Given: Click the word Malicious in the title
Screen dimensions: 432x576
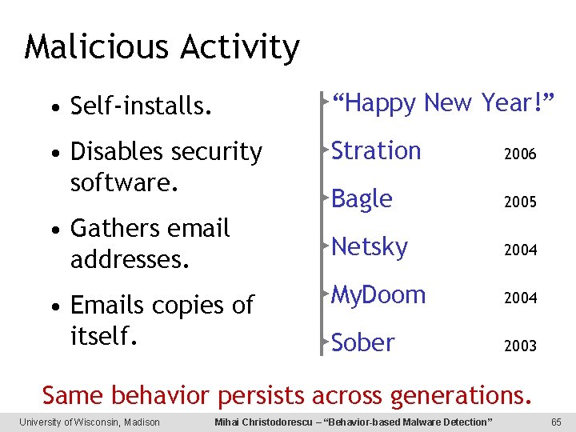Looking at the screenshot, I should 96,48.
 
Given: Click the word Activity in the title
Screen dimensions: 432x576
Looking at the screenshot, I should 239,48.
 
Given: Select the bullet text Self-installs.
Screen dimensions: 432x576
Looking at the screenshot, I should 141,105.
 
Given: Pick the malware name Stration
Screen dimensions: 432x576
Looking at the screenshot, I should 376,151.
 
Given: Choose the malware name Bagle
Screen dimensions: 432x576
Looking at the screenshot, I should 362,199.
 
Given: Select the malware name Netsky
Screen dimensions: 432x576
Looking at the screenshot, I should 370,247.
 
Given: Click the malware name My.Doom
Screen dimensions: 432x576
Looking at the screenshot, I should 378,295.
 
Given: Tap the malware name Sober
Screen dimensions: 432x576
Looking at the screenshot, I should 363,343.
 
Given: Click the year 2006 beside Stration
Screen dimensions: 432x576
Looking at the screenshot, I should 520,154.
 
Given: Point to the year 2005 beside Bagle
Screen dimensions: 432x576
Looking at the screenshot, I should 520,202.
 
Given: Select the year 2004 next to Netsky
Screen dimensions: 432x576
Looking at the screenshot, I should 520,250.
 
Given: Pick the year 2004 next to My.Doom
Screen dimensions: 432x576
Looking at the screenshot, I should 520,298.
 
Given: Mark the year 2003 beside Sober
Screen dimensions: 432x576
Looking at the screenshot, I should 520,346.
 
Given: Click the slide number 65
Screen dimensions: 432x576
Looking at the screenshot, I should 556,422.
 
